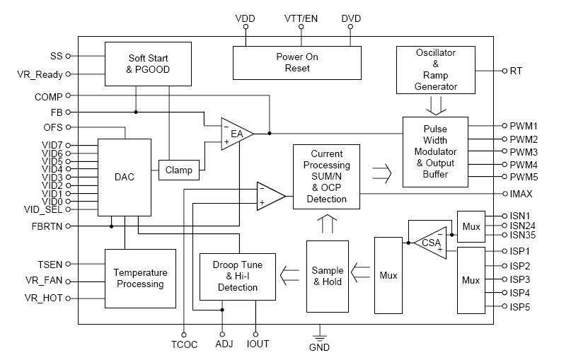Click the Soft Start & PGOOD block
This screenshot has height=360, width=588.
click(x=149, y=63)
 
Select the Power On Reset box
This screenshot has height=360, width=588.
click(x=297, y=62)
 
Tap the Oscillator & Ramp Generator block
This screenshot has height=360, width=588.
click(x=435, y=70)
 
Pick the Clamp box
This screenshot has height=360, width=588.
click(x=178, y=170)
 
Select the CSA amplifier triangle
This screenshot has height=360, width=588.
click(x=430, y=243)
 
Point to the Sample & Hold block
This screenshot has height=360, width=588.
click(x=327, y=277)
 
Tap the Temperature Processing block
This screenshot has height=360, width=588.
click(x=140, y=278)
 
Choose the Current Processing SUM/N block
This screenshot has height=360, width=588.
click(x=326, y=176)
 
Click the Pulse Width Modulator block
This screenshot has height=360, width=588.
click(x=434, y=151)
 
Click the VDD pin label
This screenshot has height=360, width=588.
click(x=246, y=18)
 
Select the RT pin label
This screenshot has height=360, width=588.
click(x=517, y=71)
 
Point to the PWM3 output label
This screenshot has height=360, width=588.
click(x=524, y=152)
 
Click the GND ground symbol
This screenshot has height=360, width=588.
click(x=319, y=338)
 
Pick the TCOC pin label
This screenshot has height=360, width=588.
click(x=183, y=344)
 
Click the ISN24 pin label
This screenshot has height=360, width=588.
click(x=523, y=226)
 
